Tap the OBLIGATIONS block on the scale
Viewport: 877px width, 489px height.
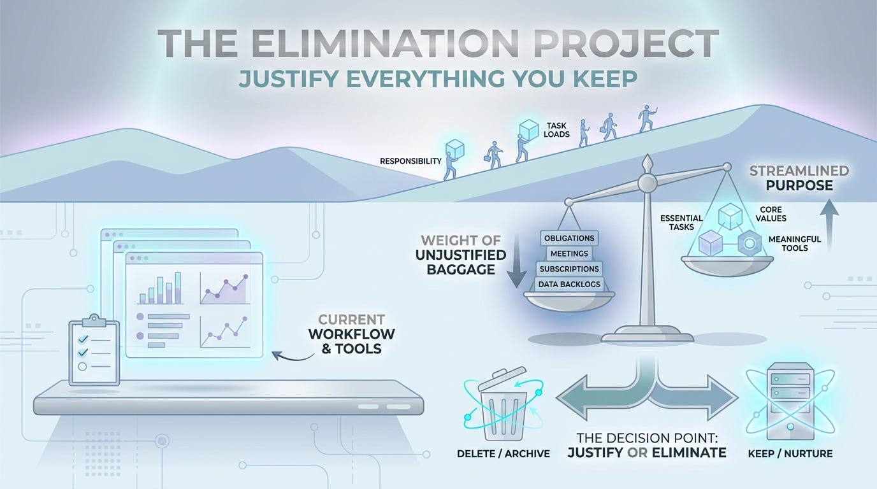569,238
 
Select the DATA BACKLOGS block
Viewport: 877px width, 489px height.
569,284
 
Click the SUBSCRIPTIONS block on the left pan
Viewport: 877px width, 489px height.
569,269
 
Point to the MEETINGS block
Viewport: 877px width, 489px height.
569,253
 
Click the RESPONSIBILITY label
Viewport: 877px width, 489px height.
410,161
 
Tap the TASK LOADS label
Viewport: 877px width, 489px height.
558,130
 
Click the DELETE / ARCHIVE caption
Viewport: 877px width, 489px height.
503,454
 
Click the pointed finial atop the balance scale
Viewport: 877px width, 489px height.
648,163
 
